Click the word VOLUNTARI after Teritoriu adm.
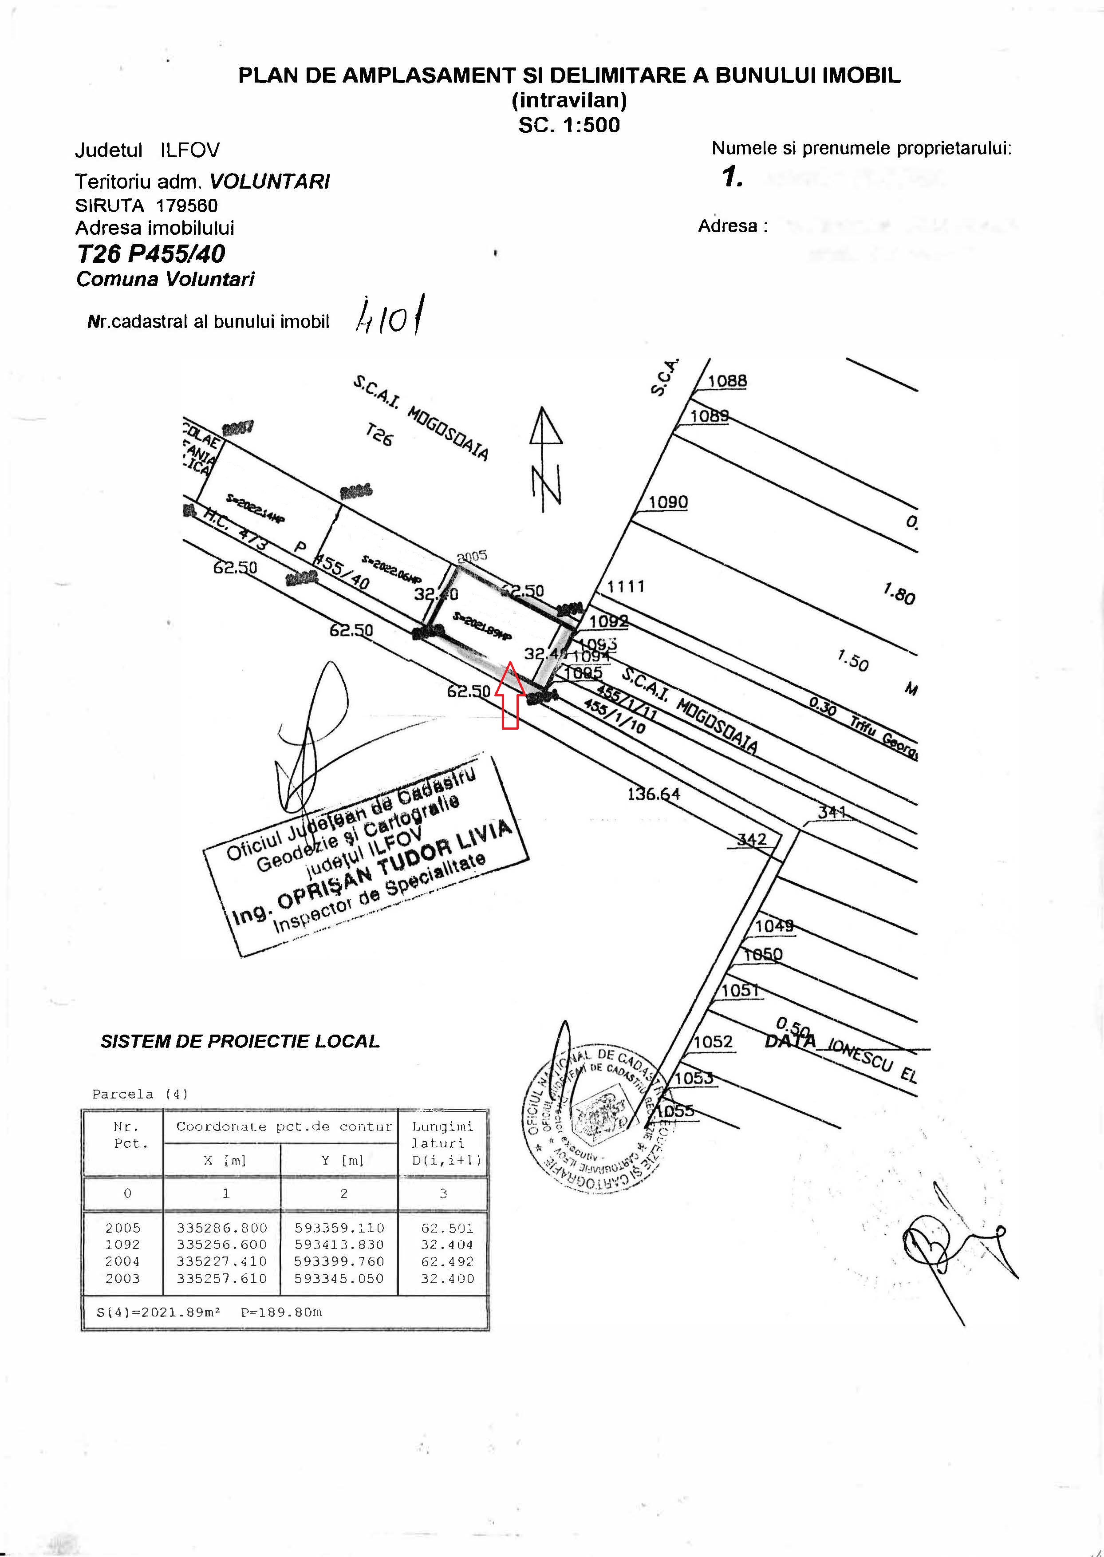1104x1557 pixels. point(270,182)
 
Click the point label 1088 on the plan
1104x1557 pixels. point(727,381)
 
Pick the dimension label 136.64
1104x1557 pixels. point(653,794)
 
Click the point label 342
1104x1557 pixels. point(752,839)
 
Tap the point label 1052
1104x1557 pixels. point(713,1042)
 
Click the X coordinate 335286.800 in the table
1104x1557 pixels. point(222,1228)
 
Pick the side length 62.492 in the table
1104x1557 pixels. point(447,1261)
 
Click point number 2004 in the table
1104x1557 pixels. point(122,1261)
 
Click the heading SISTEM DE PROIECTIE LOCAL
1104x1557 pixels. point(239,1042)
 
